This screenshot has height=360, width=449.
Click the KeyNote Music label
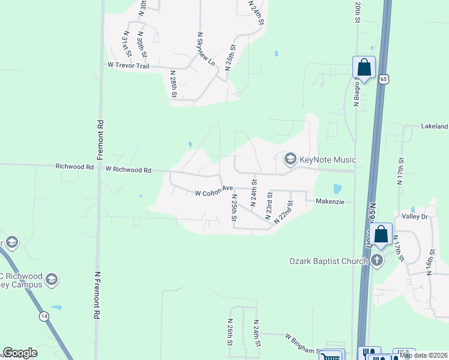[x=328, y=160]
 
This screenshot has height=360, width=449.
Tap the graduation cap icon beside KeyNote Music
[x=291, y=159]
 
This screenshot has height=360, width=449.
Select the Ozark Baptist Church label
[x=328, y=260]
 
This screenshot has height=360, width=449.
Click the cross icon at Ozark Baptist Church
[x=376, y=260]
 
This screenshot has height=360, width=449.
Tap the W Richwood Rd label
[x=128, y=170]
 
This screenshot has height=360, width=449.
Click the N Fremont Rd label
[x=97, y=295]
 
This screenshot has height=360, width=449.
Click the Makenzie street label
[x=330, y=202]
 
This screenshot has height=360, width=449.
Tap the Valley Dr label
[x=414, y=217]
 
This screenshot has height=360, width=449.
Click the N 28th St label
[x=173, y=84]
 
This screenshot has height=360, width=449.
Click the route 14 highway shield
[x=44, y=314]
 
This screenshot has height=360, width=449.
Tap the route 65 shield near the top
[x=384, y=79]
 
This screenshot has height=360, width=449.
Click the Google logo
[x=20, y=353]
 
